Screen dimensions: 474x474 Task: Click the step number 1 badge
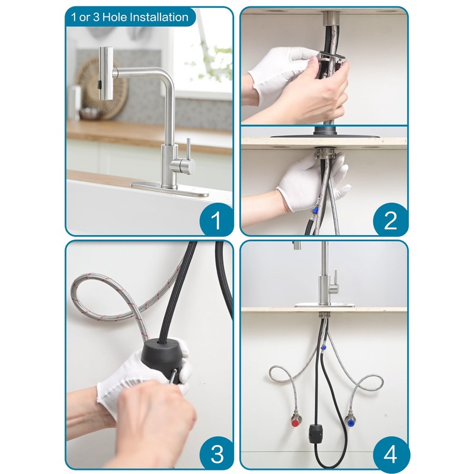(216, 220)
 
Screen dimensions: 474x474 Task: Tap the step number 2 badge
(390, 220)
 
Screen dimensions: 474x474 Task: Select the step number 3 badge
(216, 453)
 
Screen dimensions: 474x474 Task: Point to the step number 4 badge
(390, 453)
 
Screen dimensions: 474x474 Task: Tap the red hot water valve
(295, 420)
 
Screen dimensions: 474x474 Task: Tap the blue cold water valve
(350, 420)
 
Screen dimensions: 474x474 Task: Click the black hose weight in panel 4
(316, 433)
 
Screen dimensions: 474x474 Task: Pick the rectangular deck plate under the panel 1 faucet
(170, 190)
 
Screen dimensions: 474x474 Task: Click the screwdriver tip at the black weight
(174, 371)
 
